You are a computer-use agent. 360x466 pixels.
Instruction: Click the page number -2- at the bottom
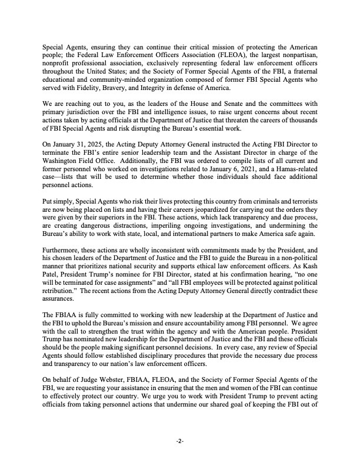[180, 441]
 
